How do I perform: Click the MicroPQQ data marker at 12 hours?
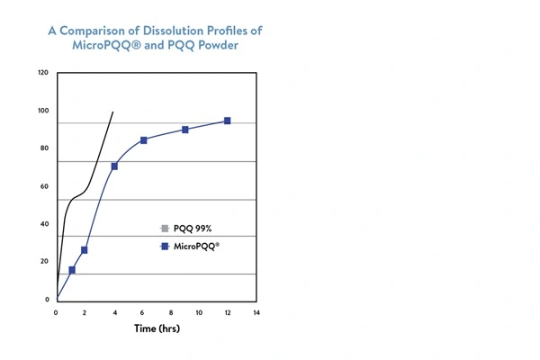click(x=227, y=121)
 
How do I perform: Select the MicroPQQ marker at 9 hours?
click(x=185, y=130)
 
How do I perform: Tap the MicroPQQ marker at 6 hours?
click(x=143, y=140)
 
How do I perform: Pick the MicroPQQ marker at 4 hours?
click(x=114, y=166)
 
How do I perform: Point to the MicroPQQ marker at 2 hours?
click(x=85, y=249)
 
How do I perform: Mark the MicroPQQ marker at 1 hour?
click(x=72, y=270)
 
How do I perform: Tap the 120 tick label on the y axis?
click(x=43, y=73)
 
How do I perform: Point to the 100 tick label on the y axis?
click(x=43, y=111)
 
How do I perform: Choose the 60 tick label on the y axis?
click(x=44, y=186)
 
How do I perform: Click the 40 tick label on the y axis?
click(x=44, y=224)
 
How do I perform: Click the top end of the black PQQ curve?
click(x=112, y=112)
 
